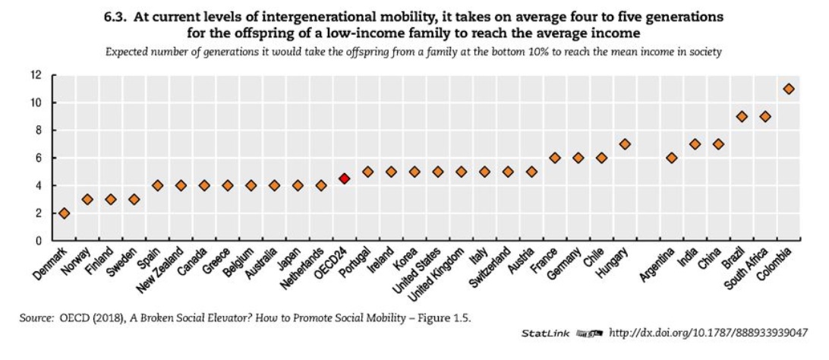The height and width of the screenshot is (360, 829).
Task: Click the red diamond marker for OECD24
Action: click(x=344, y=178)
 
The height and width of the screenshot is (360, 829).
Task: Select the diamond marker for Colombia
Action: click(x=789, y=89)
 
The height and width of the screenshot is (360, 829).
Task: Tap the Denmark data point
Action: click(x=65, y=213)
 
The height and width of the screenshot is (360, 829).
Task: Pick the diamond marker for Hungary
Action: click(x=625, y=144)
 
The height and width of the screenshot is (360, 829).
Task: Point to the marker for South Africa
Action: click(x=765, y=116)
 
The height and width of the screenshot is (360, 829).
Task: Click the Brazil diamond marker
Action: click(x=742, y=116)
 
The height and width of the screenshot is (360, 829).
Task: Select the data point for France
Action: click(x=555, y=158)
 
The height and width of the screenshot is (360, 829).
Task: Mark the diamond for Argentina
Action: click(x=672, y=158)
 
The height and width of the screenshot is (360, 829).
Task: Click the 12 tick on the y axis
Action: click(x=36, y=75)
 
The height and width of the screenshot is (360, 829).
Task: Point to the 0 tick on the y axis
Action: click(x=38, y=241)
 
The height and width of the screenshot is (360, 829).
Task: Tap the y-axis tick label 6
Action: click(x=38, y=158)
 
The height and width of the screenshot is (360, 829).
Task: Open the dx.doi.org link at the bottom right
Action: click(x=708, y=333)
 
